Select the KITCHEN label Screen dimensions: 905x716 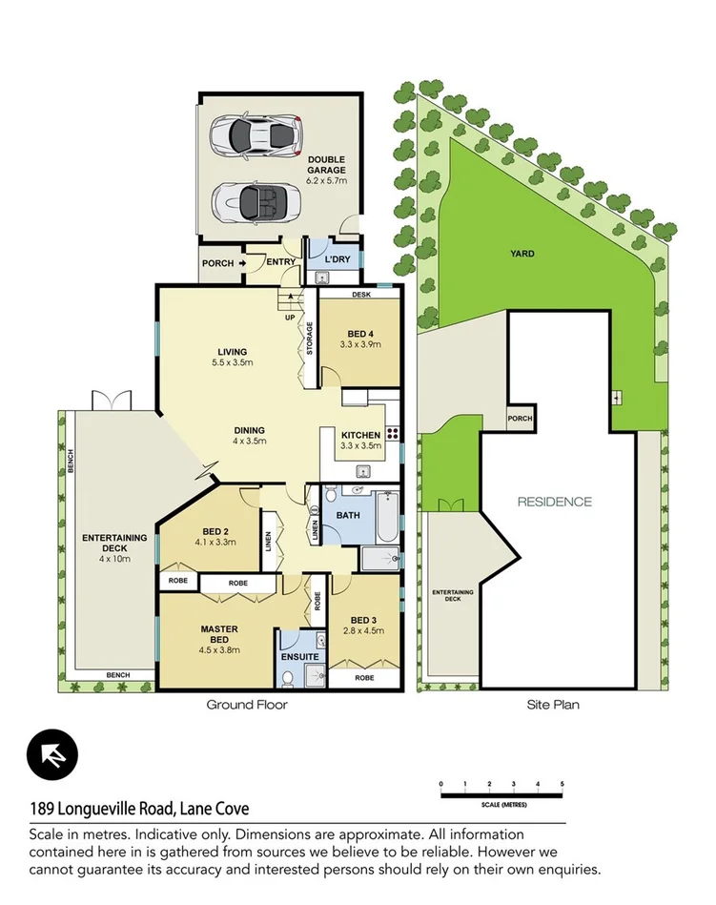point(360,436)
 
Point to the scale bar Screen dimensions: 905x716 point(501,786)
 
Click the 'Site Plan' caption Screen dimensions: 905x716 point(553,706)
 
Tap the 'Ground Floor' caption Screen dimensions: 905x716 point(247,706)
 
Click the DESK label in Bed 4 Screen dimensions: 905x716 point(360,295)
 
